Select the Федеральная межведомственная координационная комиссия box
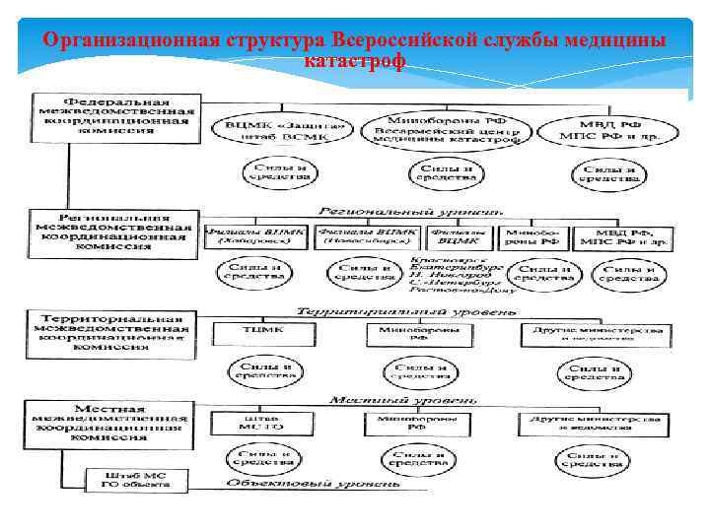115,116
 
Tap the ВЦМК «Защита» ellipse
285,131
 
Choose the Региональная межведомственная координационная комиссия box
111,232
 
